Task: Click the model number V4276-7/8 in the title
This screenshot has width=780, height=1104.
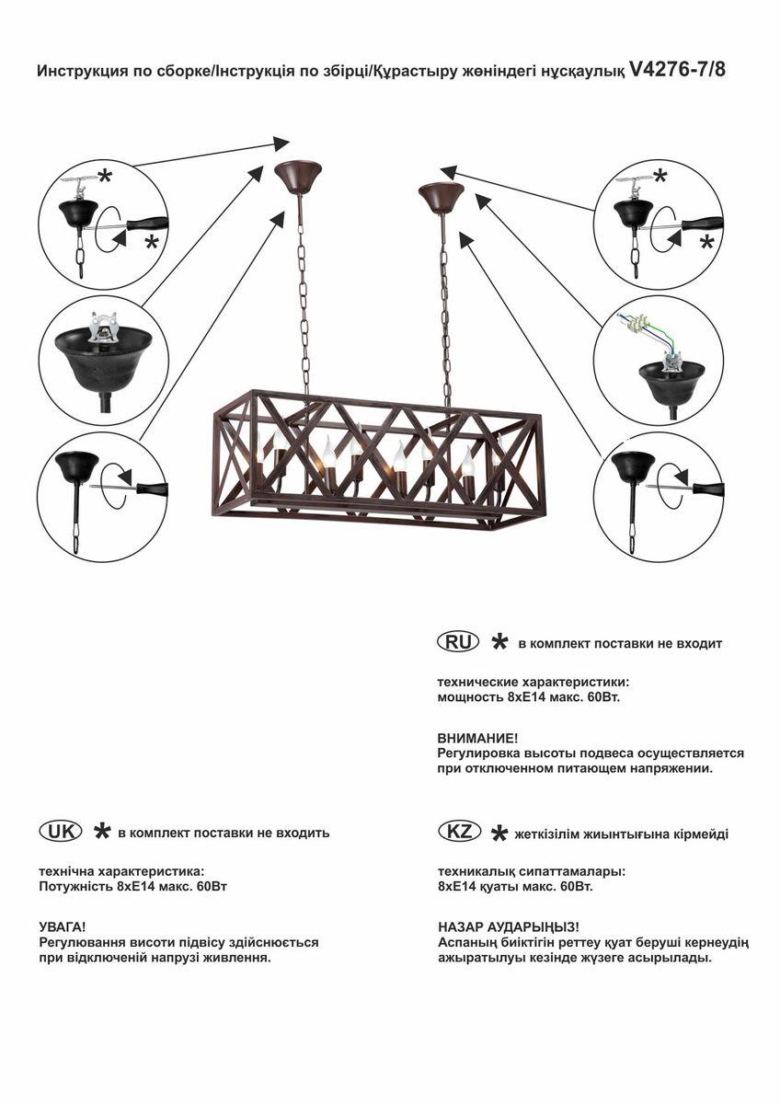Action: click(x=678, y=69)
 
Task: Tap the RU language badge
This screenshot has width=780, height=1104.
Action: click(x=457, y=642)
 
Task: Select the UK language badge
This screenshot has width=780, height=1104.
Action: click(x=60, y=831)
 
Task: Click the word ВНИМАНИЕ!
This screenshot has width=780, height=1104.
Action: click(x=477, y=738)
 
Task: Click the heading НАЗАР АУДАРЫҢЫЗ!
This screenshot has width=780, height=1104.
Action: click(x=508, y=927)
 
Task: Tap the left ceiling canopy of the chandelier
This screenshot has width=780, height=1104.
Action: click(x=298, y=176)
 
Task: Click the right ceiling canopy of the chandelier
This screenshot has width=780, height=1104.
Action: click(x=442, y=195)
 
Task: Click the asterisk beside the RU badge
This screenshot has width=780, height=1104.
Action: click(x=499, y=642)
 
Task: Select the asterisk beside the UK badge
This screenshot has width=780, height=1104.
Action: click(x=102, y=832)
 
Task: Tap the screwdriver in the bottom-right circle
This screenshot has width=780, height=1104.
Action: click(x=699, y=489)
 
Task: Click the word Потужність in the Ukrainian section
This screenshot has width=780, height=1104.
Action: click(x=75, y=887)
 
